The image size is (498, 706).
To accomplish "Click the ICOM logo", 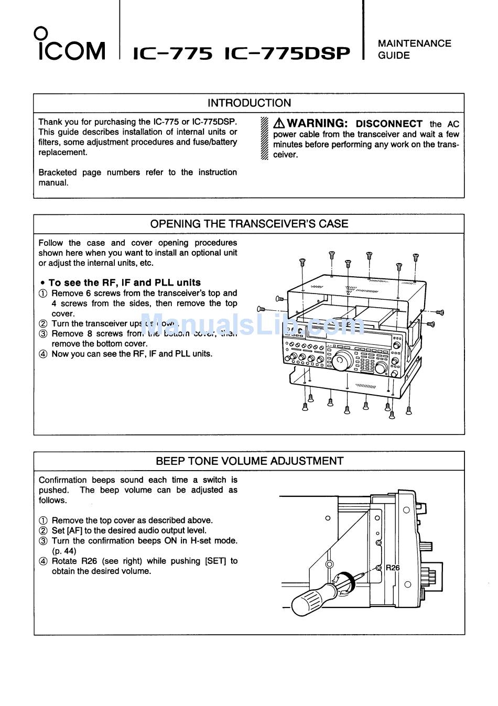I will (x=71, y=46).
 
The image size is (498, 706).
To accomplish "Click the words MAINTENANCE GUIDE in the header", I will (x=414, y=49).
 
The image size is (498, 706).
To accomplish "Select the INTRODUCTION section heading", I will (x=249, y=103).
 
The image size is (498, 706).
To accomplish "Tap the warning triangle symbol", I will (x=279, y=124).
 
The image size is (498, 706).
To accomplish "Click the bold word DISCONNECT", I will (x=389, y=124).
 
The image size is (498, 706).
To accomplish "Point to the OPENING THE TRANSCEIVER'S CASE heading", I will (x=249, y=224).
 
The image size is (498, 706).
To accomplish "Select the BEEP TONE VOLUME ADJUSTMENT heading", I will (x=250, y=461).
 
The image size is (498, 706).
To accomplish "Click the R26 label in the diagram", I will (x=393, y=568).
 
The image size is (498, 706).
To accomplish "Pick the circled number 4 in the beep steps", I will (x=43, y=561).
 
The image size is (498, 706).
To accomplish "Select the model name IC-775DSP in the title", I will (x=287, y=53).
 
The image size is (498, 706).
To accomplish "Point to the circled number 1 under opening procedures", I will (x=43, y=294).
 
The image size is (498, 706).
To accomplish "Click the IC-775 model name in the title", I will (x=173, y=53).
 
